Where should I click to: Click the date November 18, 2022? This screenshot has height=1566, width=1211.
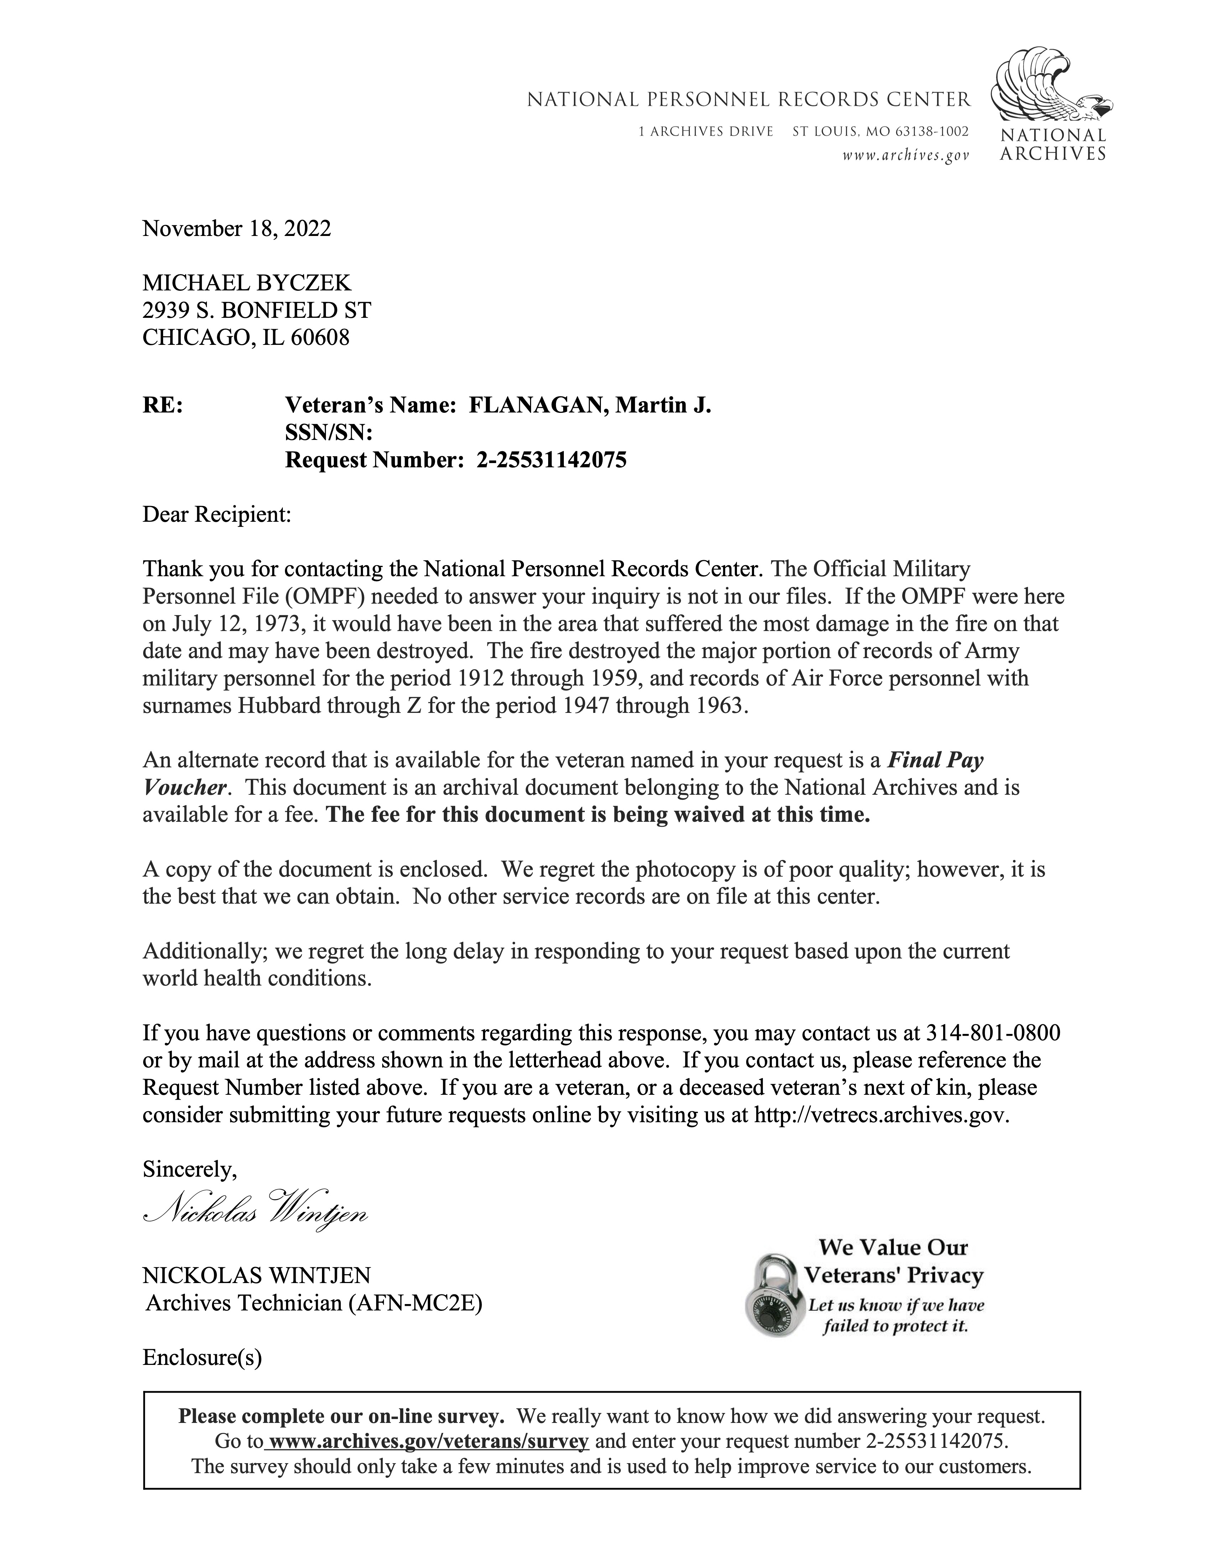point(237,229)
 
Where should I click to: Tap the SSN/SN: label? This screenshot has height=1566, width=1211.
point(329,433)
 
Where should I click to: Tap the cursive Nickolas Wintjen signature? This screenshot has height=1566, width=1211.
point(256,1216)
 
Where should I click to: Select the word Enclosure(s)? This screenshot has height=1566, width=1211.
point(202,1357)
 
